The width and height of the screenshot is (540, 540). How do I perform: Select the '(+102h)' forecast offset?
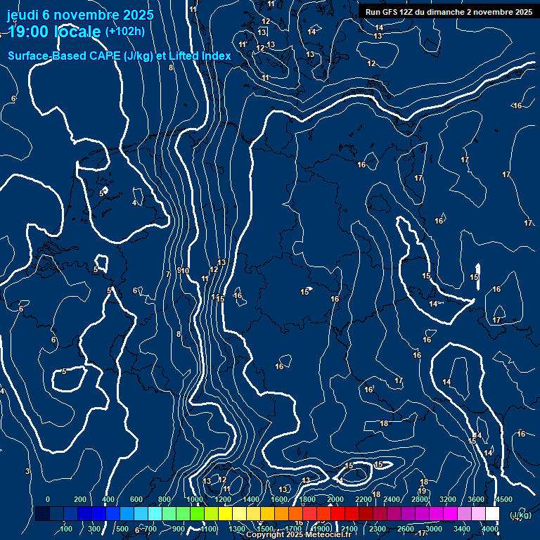[x=124, y=31]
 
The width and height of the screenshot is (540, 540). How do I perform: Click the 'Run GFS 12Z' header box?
[x=448, y=12]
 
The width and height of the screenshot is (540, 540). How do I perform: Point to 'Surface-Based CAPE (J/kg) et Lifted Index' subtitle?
[x=120, y=56]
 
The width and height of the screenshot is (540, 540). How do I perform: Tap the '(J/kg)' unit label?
[x=520, y=515]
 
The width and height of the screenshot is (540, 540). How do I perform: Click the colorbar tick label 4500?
[x=503, y=499]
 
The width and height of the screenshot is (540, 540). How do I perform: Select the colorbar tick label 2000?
[x=335, y=499]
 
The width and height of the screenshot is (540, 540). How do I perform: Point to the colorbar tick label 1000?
[x=195, y=499]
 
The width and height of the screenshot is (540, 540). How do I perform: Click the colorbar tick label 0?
[x=48, y=499]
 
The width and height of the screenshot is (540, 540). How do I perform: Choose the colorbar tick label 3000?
[x=434, y=529]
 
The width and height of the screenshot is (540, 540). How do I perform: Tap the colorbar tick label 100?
[x=67, y=529]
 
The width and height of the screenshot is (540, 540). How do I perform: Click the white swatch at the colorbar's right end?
[x=492, y=514]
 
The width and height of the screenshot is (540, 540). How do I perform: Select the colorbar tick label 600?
[x=136, y=499]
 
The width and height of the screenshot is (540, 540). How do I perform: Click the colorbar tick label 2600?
[x=406, y=529]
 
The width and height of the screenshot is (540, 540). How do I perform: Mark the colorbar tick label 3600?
[x=476, y=499]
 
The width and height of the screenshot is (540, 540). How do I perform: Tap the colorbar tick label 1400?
[x=251, y=499]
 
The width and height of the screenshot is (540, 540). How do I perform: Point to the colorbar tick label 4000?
[x=490, y=529]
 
